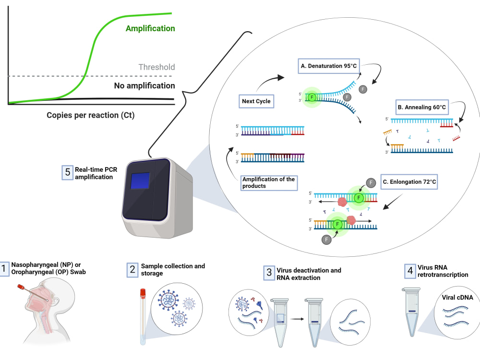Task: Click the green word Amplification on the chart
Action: point(150,28)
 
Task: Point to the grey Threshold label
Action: point(156,67)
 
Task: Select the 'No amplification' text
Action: point(144,86)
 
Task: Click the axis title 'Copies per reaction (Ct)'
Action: point(91,115)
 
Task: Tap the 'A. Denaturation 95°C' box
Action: point(329,66)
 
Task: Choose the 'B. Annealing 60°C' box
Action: point(422,107)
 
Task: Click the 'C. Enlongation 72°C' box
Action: point(409,182)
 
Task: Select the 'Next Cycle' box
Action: point(256,101)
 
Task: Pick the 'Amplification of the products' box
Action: point(269,183)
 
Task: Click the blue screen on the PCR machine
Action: point(140,181)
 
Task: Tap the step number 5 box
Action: point(67,172)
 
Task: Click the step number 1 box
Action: point(4,269)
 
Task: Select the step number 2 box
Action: point(132,270)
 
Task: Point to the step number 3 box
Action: point(269,273)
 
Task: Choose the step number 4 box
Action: point(410,271)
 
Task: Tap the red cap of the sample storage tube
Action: point(143,293)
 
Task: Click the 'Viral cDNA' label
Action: point(457,298)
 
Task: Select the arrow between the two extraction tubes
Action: point(297,319)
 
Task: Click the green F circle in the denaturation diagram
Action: point(312,97)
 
